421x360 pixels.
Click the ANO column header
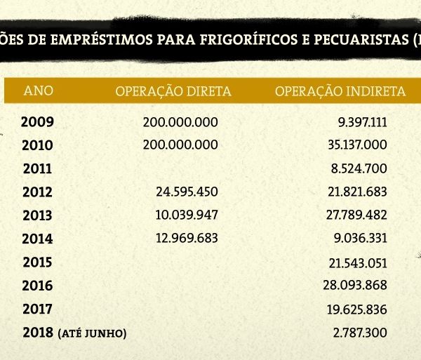tap(38, 91)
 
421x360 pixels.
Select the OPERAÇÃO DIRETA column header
tap(173, 91)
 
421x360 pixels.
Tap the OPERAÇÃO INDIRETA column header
tap(340, 91)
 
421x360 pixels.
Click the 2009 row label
tap(37, 121)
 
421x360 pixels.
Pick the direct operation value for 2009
tap(180, 121)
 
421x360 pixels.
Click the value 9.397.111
tap(362, 121)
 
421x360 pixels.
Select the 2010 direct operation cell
tap(180, 145)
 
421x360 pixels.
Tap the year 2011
tap(38, 168)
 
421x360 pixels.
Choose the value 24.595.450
tap(187, 192)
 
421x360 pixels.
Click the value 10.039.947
tap(187, 215)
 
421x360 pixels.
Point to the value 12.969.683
tap(187, 238)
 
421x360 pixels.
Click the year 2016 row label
tap(38, 286)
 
